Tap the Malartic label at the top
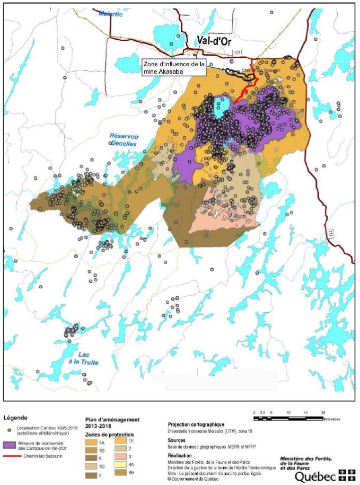coord(110,14)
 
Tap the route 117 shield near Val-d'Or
coord(238,51)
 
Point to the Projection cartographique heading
coord(196,425)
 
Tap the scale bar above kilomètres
coord(289,412)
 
